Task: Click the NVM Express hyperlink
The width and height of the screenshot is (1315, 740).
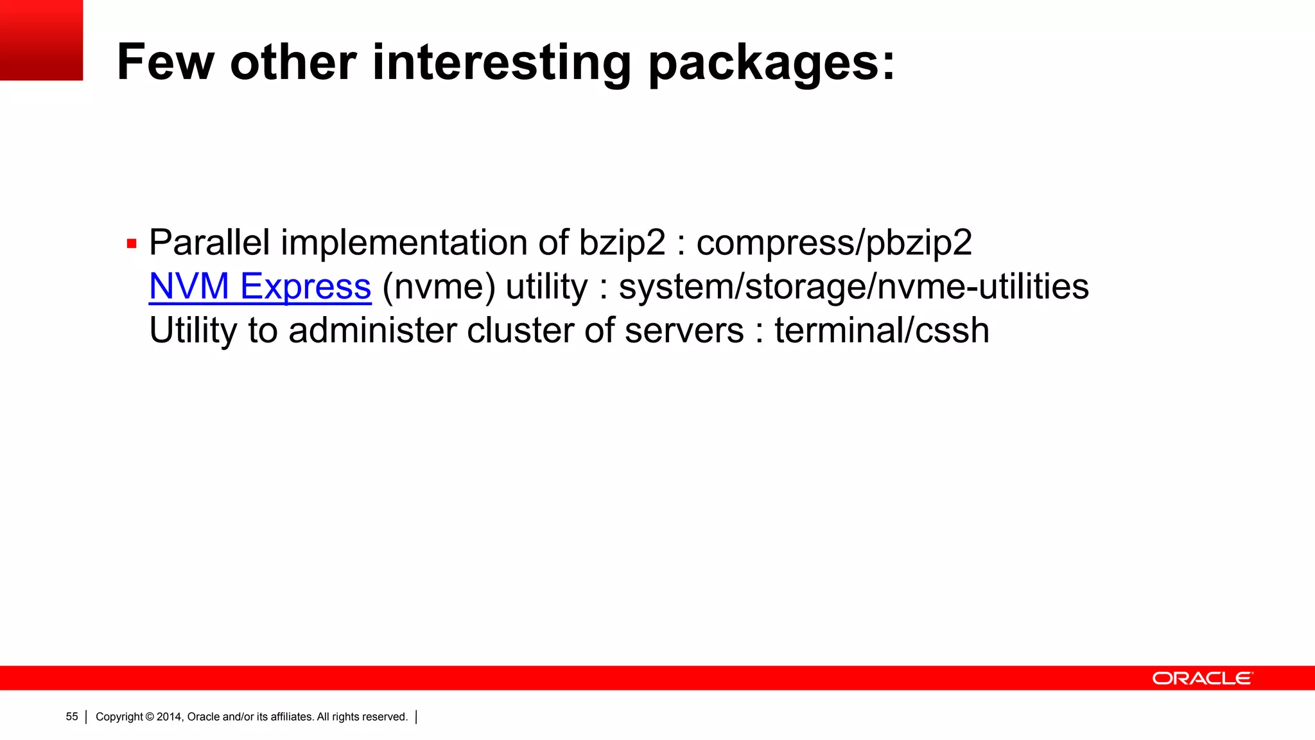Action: pos(260,286)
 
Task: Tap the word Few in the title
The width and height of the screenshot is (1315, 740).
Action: pos(165,62)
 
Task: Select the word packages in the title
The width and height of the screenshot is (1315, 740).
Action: pos(771,64)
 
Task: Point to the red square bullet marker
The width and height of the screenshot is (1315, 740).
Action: pos(132,244)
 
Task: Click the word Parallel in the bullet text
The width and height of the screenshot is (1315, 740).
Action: pos(209,243)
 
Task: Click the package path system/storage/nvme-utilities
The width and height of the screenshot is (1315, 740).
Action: pos(853,286)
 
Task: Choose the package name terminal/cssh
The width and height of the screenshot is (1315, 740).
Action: pos(882,330)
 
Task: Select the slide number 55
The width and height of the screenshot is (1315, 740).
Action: pos(72,717)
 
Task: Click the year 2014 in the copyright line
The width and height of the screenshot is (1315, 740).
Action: pos(170,717)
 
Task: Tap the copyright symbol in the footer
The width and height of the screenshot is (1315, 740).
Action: pos(150,717)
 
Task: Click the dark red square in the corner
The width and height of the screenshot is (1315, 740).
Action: pos(41,40)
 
